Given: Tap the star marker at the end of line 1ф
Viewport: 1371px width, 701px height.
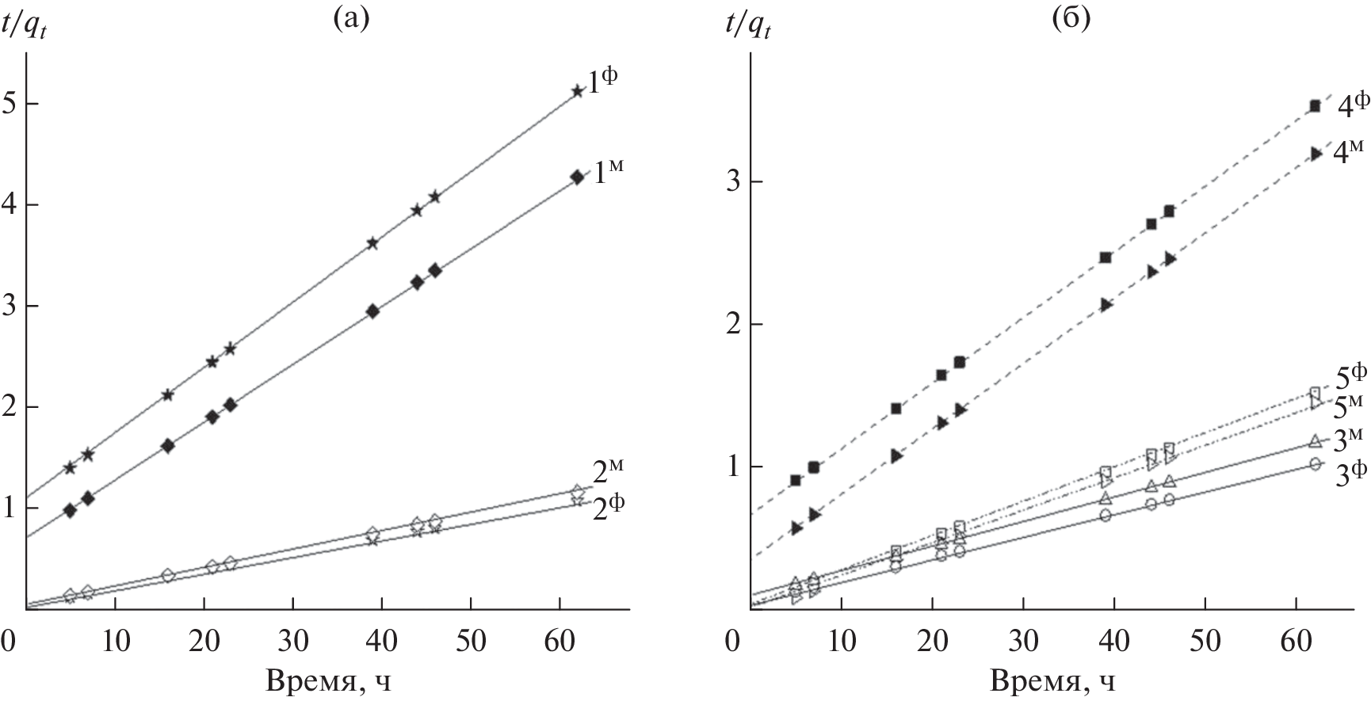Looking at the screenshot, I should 577,91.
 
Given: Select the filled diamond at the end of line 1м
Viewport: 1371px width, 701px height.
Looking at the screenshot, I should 577,177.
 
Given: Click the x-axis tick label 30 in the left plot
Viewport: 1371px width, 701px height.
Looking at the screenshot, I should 293,639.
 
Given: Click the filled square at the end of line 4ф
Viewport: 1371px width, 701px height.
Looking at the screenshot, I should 1315,106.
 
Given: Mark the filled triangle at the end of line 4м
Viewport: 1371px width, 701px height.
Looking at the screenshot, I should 1316,154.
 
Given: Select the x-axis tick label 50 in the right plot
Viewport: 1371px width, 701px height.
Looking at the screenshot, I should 1205,639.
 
